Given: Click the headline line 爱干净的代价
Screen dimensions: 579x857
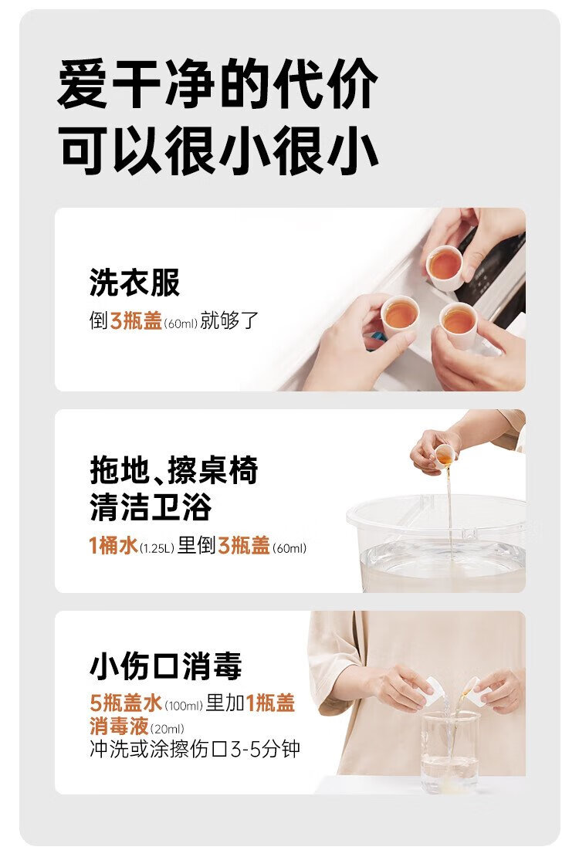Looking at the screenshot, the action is coord(218,83).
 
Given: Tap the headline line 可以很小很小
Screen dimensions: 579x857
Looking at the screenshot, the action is coord(218,149).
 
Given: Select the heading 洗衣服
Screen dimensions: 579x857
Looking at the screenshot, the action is coord(134,283).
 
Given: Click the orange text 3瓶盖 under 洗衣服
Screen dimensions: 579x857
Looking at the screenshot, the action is coord(136,320).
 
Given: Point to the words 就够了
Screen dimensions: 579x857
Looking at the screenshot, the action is coord(229,320).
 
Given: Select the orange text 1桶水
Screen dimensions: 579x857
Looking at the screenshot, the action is coord(113,545).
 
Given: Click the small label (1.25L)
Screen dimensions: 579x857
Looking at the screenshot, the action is coord(157,547).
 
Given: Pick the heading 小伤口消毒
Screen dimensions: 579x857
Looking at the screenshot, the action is coord(166,666).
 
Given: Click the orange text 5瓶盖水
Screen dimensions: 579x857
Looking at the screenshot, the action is coord(126,703).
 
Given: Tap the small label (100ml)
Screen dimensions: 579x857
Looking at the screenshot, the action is coord(184,706).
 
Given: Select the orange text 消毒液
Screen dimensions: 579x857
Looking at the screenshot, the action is coord(119,726).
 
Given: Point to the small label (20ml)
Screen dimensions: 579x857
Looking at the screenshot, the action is coord(168,729).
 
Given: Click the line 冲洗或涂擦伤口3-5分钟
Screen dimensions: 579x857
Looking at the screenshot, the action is coord(195,749).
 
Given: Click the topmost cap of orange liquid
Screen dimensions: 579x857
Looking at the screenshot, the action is coord(444,267).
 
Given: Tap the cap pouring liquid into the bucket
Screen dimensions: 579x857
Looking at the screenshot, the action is coord(445,456).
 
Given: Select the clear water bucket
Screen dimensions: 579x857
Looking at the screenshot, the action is coord(435,543).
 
